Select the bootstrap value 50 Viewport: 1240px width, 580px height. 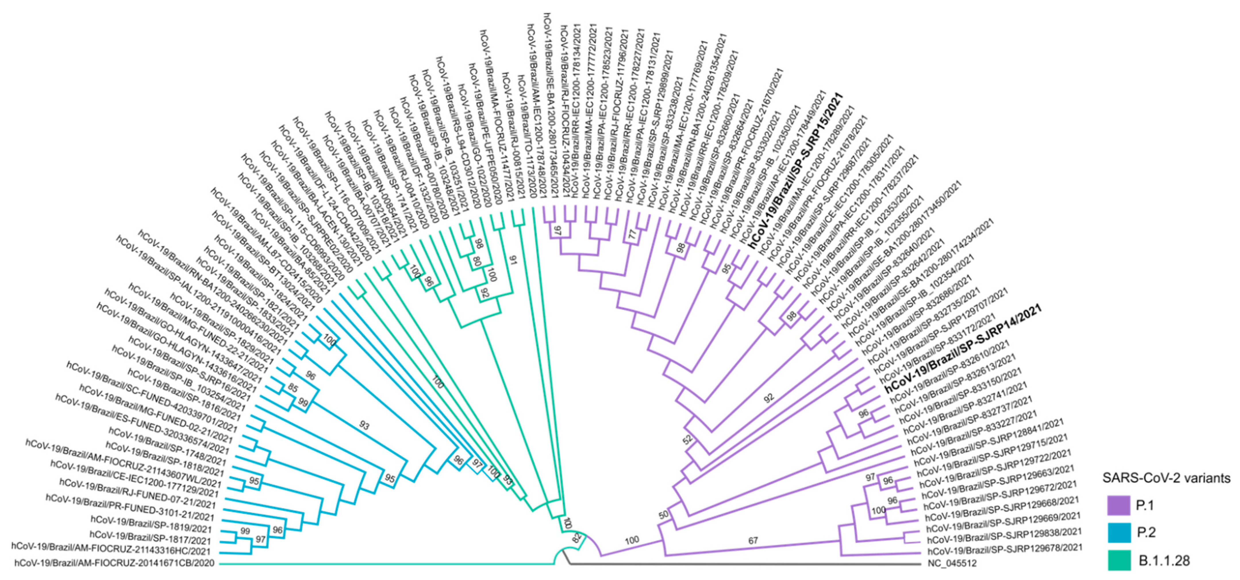[x=663, y=515]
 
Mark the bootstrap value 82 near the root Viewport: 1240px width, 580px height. [x=577, y=539]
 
